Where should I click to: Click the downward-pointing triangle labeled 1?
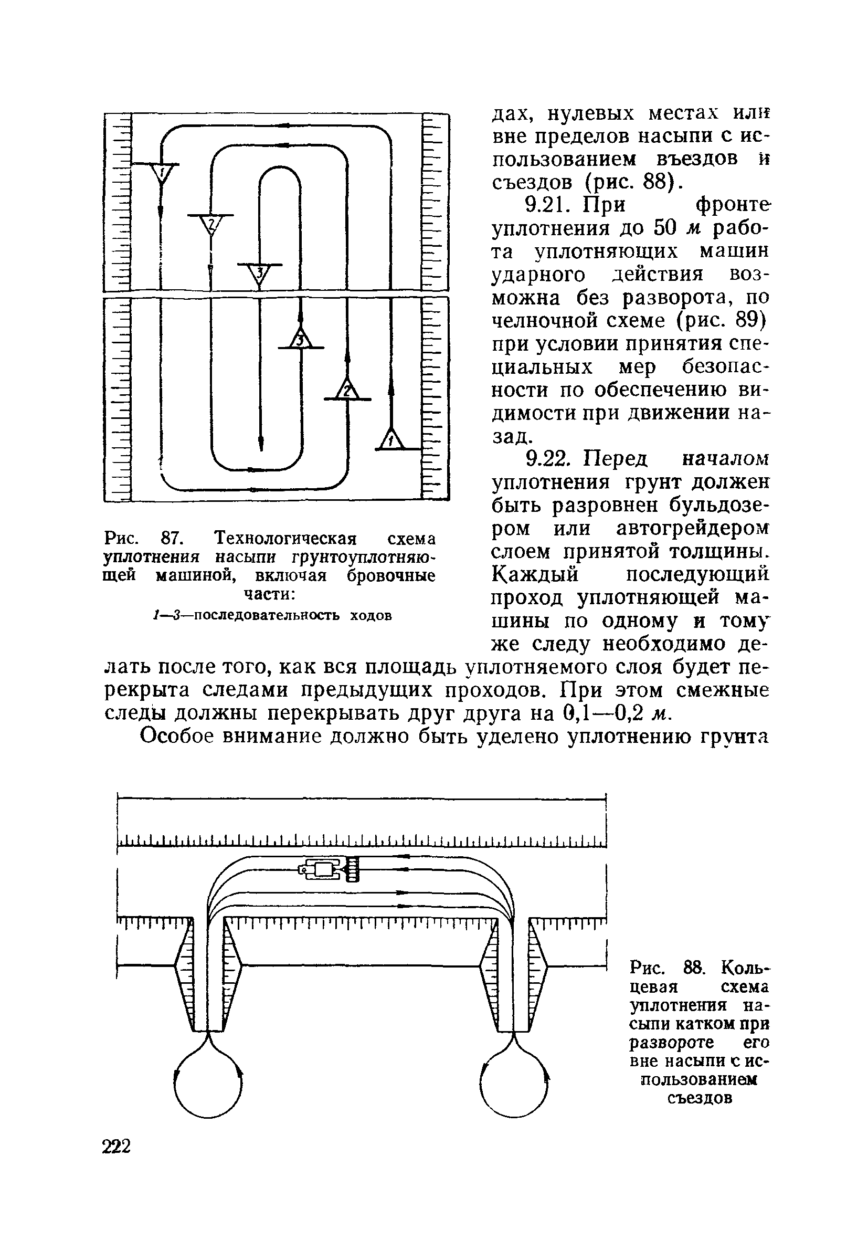pyautogui.click(x=161, y=174)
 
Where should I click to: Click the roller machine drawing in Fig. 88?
pyautogui.click(x=329, y=869)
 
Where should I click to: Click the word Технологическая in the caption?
pyautogui.click(x=286, y=539)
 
